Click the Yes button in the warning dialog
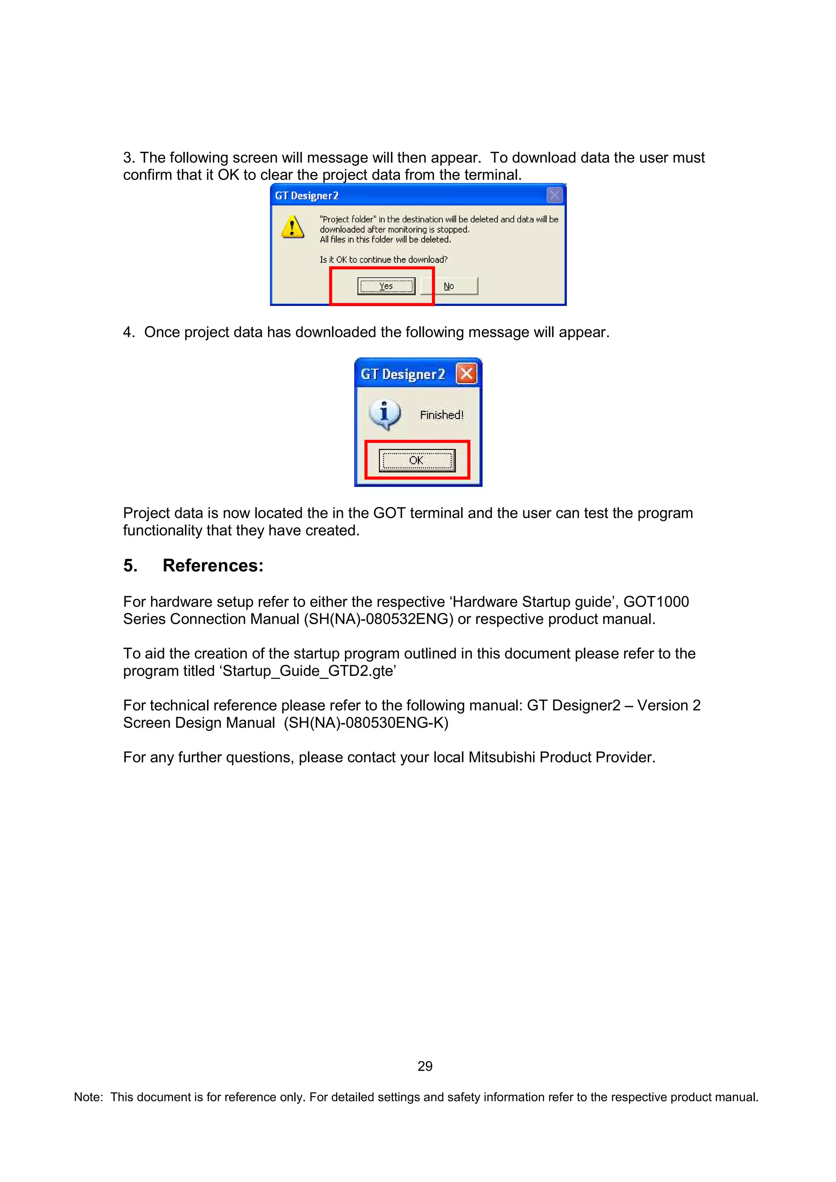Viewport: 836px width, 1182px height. [x=386, y=286]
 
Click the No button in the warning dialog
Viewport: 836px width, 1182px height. [x=449, y=286]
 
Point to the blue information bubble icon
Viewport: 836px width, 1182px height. [x=384, y=414]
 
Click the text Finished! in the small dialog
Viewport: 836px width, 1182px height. [x=441, y=415]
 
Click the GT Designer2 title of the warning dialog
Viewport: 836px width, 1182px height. [x=307, y=196]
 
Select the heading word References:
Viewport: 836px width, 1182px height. [x=213, y=566]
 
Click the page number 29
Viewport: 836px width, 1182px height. [x=425, y=1066]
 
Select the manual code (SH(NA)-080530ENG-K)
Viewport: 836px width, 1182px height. [x=366, y=723]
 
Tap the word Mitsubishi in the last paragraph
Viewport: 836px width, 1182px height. [x=502, y=757]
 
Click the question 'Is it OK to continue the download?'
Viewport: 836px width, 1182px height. [x=383, y=259]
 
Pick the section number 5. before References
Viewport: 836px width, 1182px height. [x=130, y=566]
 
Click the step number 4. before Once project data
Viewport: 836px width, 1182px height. [x=129, y=332]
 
